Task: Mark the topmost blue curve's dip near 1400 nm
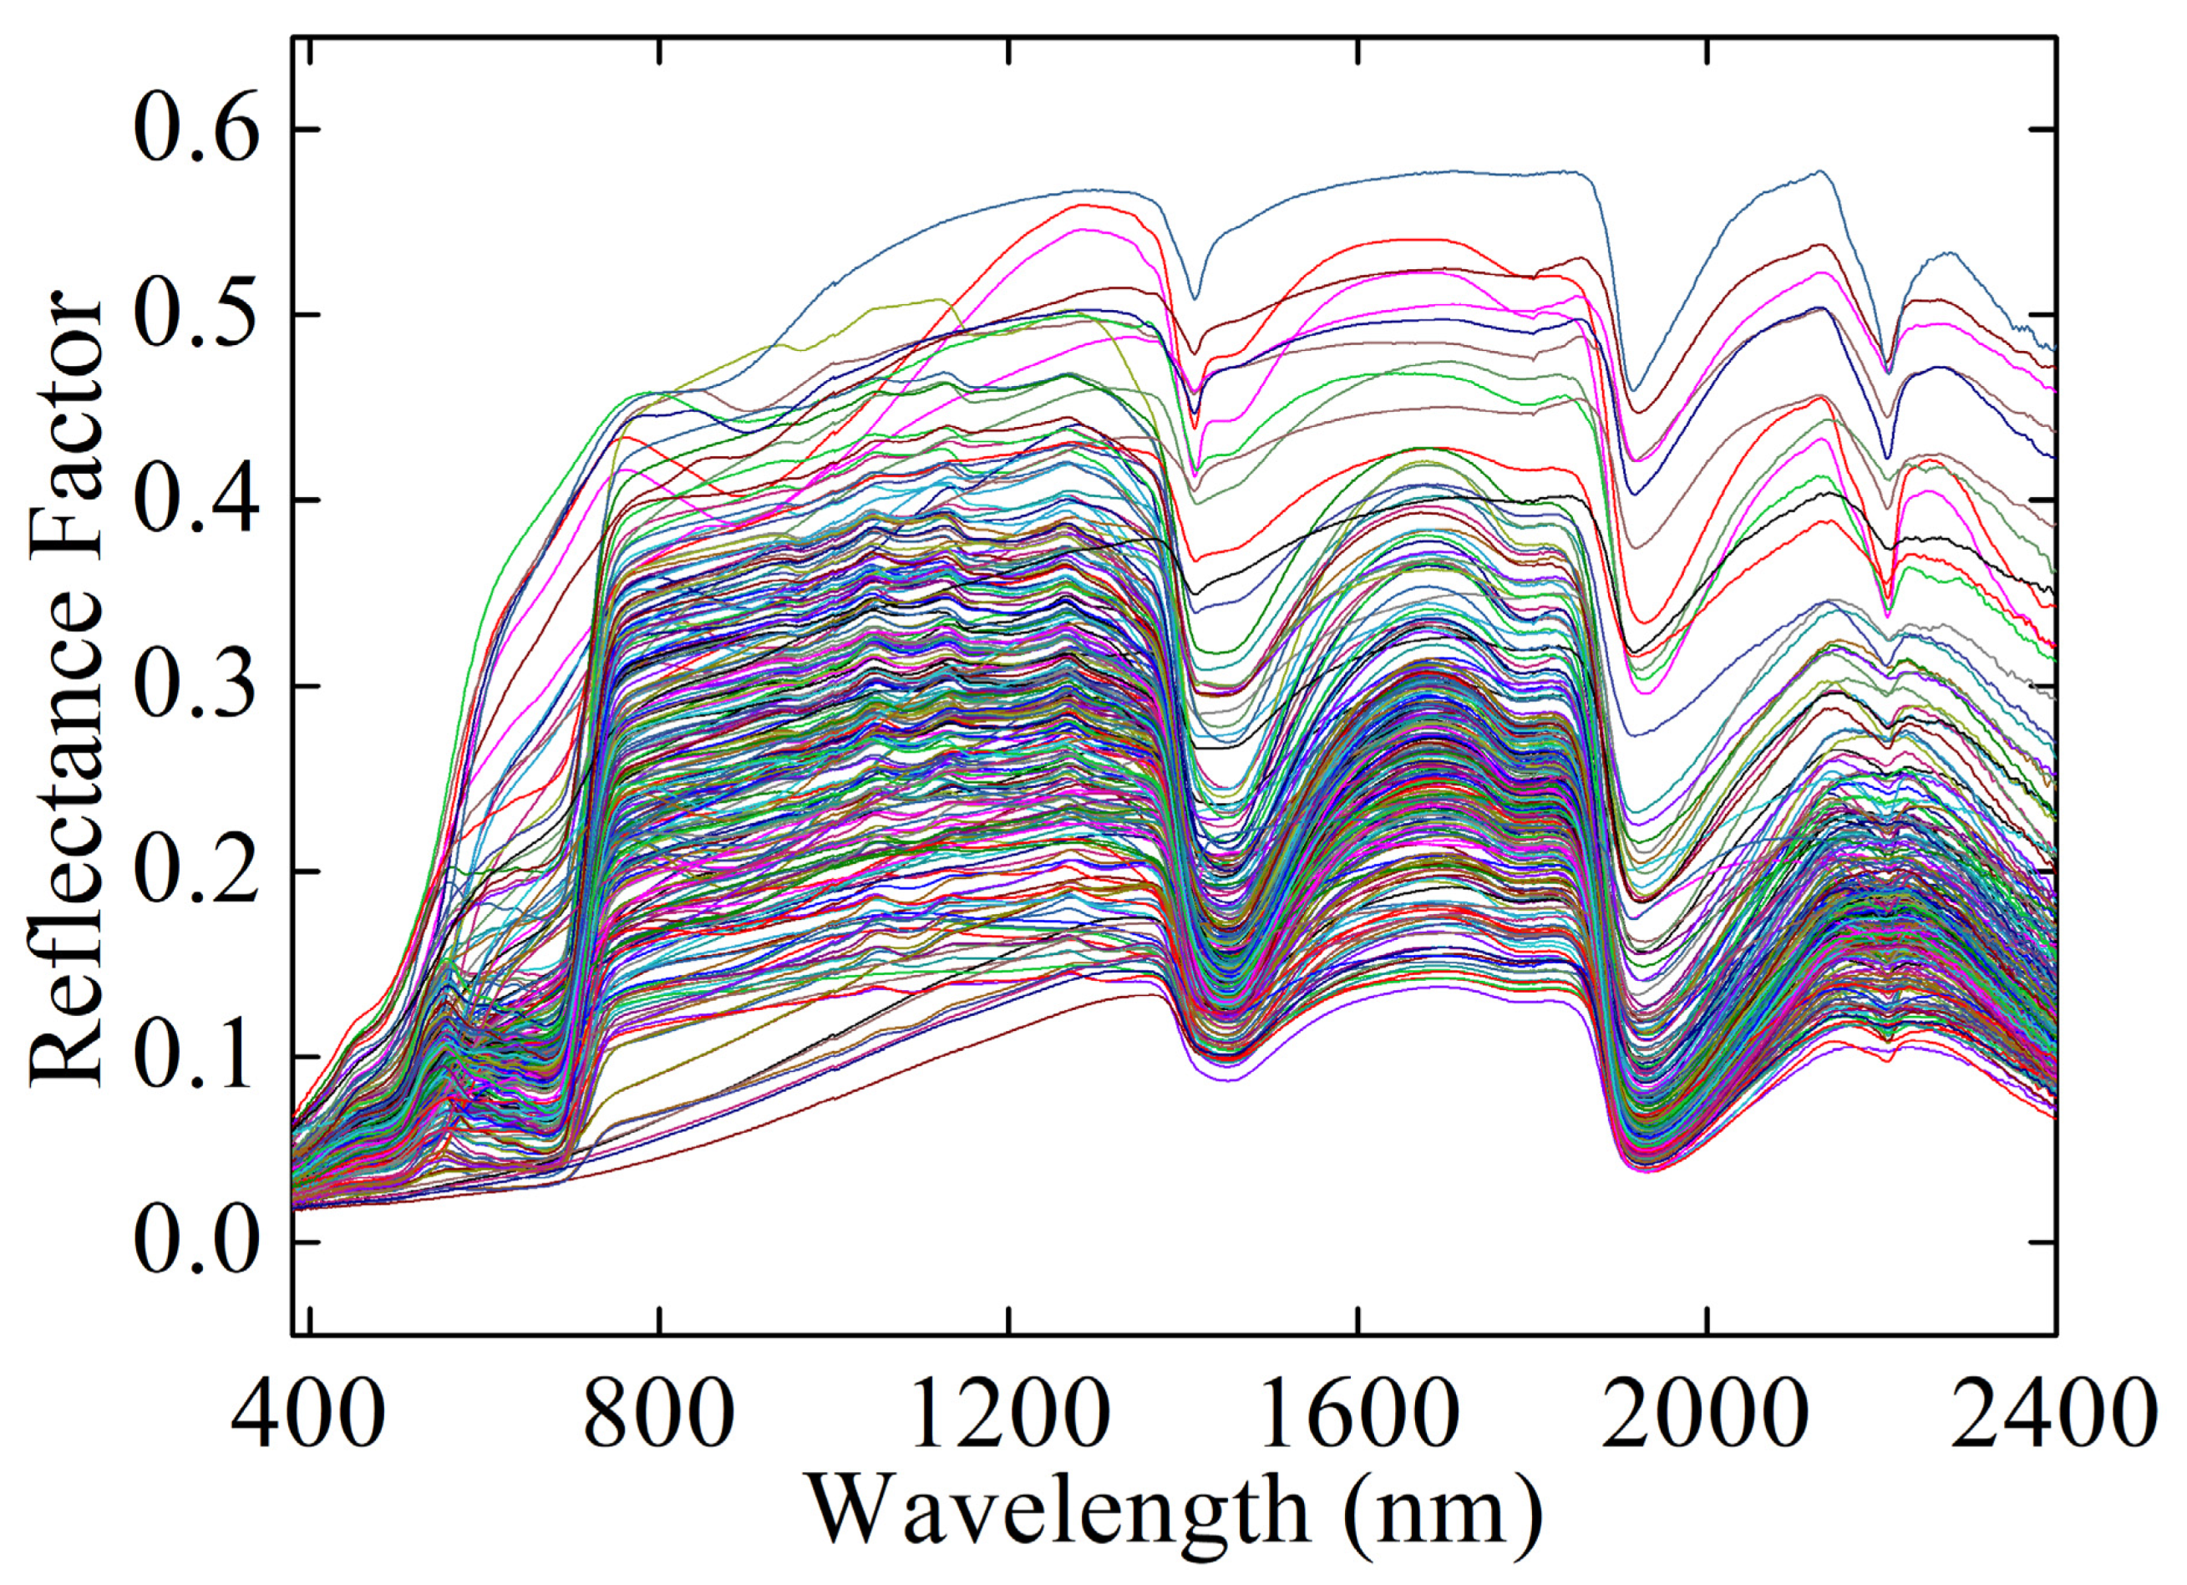(x=1195, y=298)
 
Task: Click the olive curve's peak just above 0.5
(x=940, y=300)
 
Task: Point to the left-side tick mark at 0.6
(x=306, y=130)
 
